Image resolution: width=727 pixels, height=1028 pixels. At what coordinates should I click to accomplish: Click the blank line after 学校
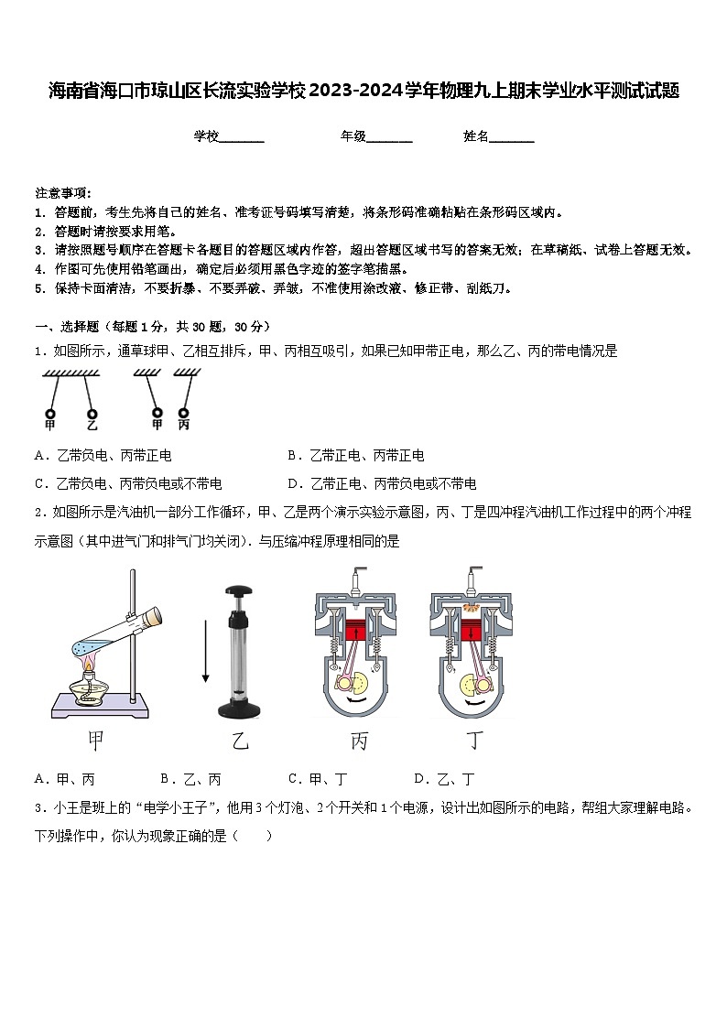(x=242, y=137)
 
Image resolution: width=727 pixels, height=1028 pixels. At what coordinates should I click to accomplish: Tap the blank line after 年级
(x=389, y=137)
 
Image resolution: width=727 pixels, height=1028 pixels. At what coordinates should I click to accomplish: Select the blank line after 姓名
(x=512, y=137)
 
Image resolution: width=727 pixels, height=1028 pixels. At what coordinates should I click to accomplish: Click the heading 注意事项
(x=62, y=192)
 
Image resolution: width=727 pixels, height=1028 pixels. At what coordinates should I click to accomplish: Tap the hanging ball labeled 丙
(x=184, y=411)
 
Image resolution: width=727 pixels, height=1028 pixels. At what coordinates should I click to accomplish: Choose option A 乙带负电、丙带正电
(x=103, y=455)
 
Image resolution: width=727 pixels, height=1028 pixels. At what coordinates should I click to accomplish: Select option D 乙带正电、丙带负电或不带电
(x=382, y=483)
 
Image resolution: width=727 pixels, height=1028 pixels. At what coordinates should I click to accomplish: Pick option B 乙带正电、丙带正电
(x=356, y=455)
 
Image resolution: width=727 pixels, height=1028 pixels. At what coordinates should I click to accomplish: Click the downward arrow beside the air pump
(x=205, y=650)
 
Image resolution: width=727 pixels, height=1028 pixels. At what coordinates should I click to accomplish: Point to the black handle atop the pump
(x=240, y=591)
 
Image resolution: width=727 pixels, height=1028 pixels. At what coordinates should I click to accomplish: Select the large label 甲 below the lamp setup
(x=95, y=741)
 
